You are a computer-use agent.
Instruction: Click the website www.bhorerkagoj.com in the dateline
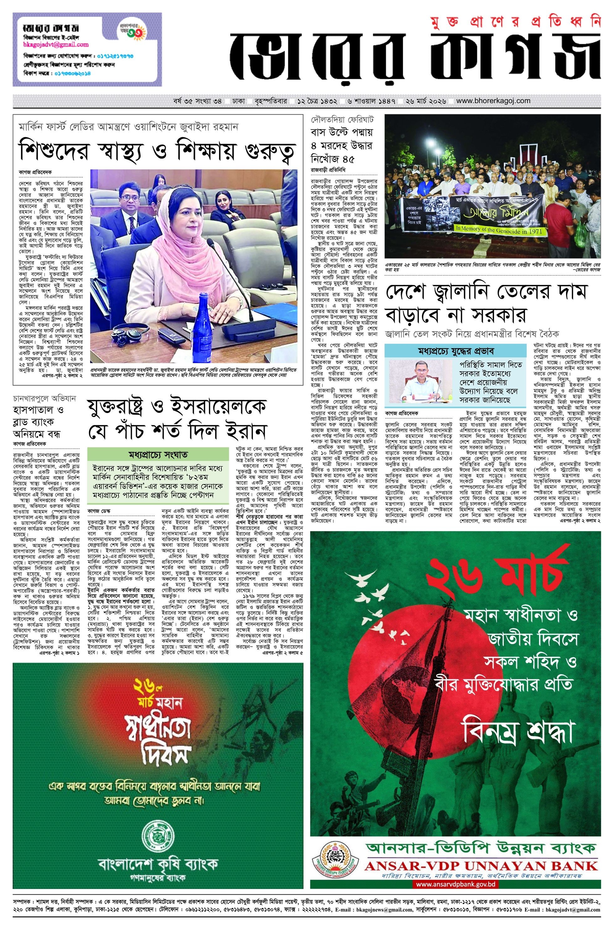(493, 101)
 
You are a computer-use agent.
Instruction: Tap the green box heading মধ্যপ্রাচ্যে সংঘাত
(158, 455)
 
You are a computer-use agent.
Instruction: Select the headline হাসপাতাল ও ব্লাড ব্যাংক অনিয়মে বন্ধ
(38, 422)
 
